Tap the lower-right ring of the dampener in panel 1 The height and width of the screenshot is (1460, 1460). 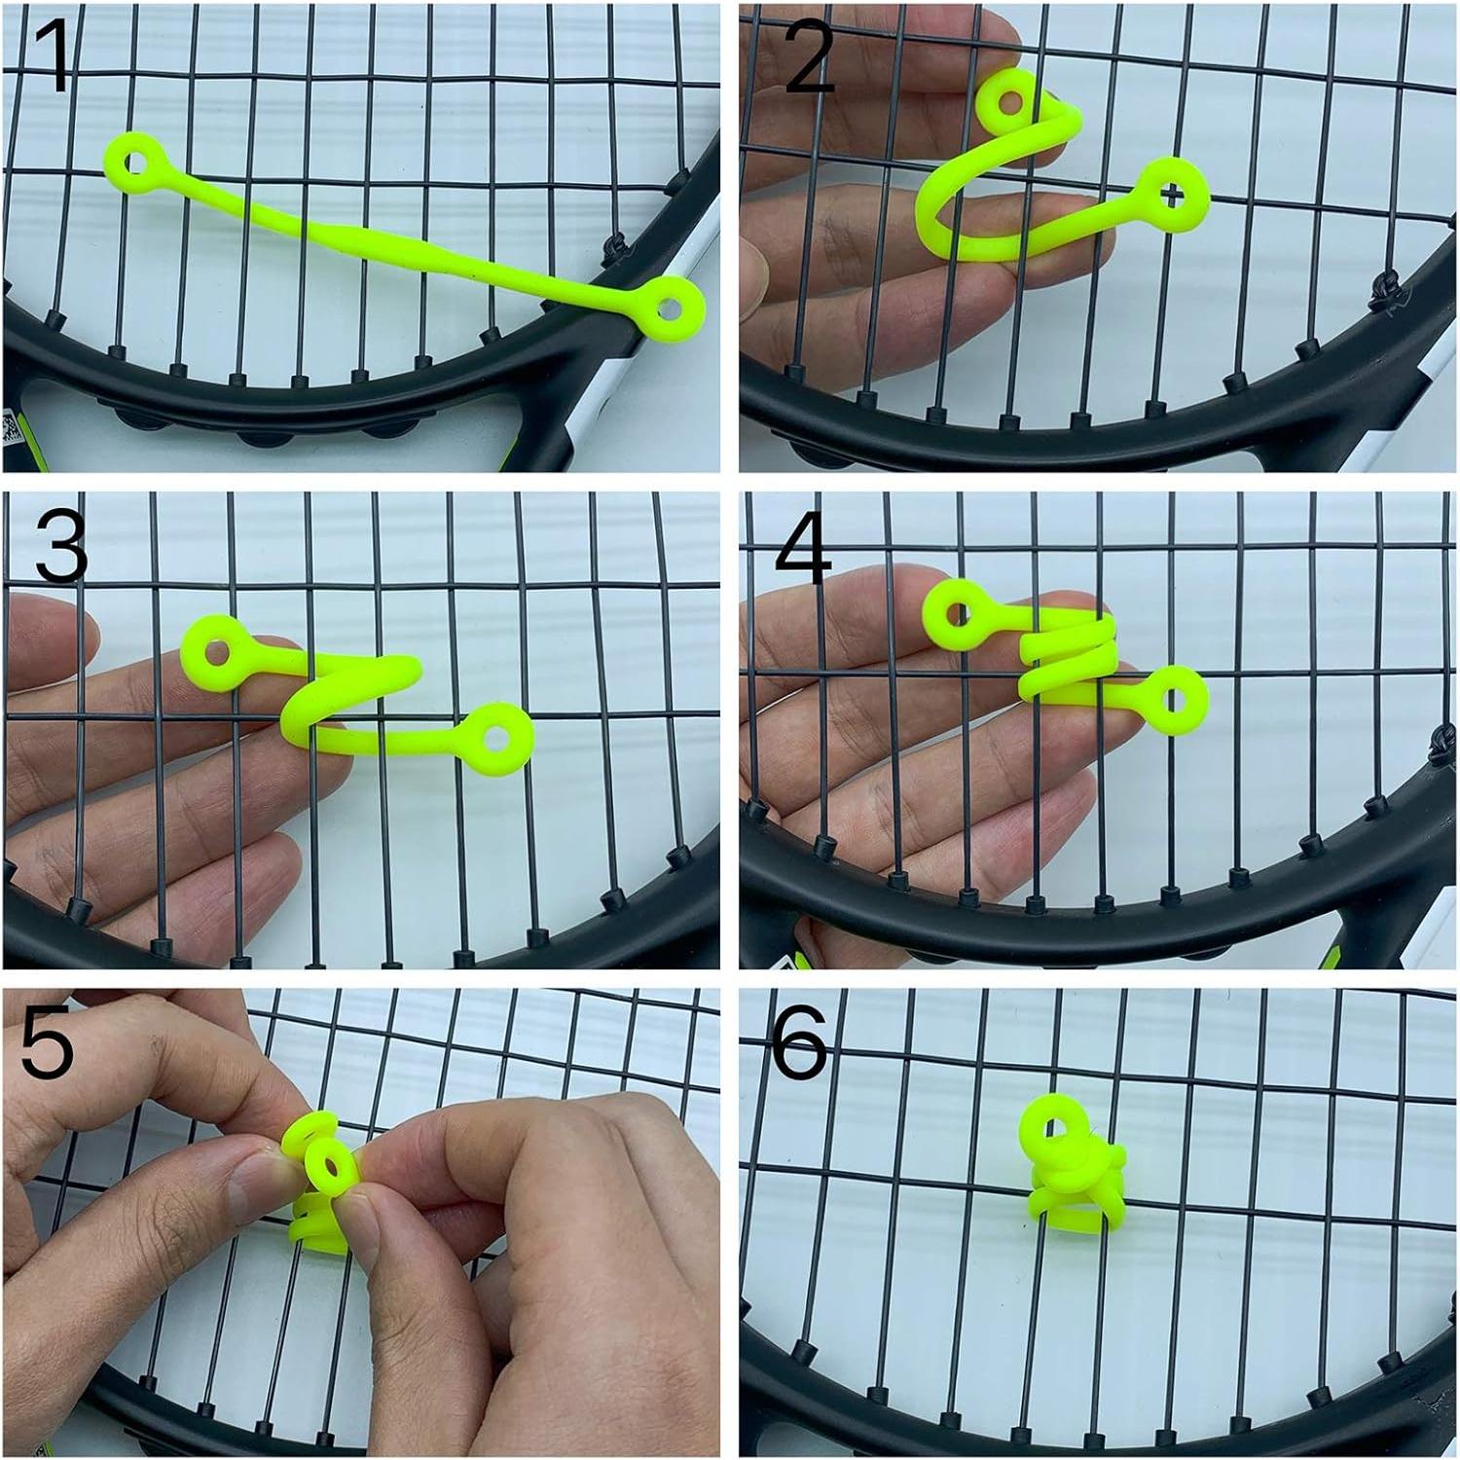click(x=671, y=307)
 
